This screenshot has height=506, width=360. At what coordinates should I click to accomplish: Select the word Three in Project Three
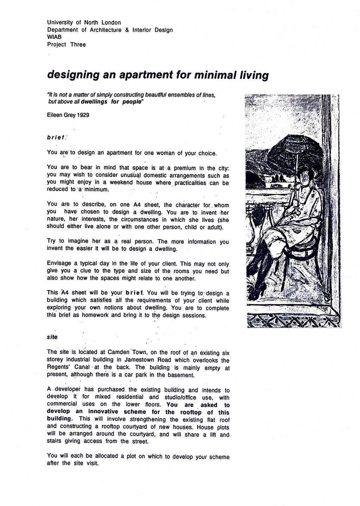78,45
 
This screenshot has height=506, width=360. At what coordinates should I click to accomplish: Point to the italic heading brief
56,138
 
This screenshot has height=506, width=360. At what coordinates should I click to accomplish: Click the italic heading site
52,337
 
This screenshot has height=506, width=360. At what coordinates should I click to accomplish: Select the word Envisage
59,264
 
